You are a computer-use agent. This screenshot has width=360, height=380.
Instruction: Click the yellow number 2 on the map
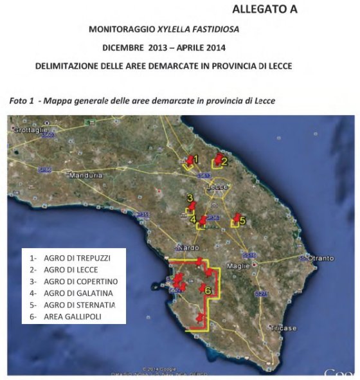(x=225, y=161)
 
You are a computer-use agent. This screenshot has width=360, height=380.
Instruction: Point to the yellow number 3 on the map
(x=190, y=198)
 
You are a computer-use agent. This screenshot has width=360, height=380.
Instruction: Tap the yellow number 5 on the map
(x=242, y=220)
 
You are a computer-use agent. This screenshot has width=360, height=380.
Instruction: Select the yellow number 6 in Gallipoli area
(x=208, y=291)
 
